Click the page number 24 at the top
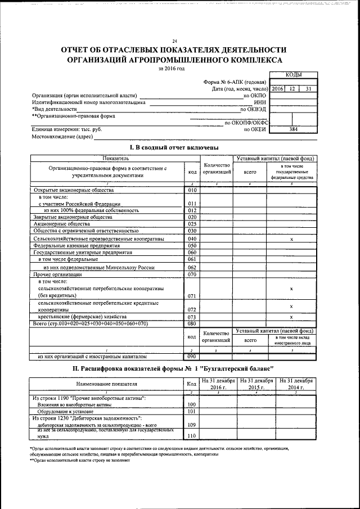coord(175,42)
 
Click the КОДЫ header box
coord(293,74)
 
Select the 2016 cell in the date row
coord(277,89)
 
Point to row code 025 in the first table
coord(192,223)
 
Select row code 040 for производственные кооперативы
coord(192,239)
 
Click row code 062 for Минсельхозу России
coord(192,267)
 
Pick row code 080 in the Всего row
coord(192,323)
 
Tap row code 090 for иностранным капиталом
coord(192,356)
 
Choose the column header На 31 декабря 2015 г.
coord(256,384)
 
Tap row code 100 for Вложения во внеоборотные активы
coord(192,404)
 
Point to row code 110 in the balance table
coord(192,435)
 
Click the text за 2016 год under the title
coord(172,68)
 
